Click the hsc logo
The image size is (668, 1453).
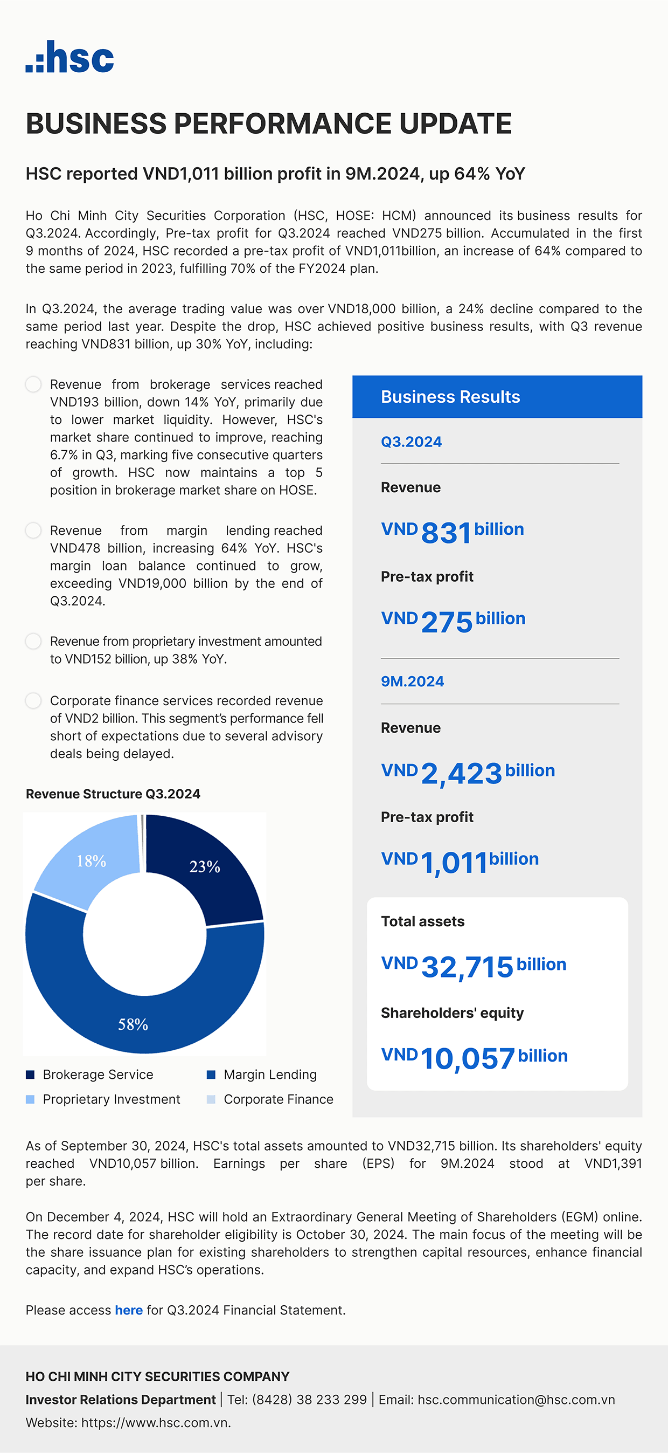click(70, 57)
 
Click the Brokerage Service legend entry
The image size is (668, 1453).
click(90, 1075)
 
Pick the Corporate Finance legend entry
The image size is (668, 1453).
click(270, 1099)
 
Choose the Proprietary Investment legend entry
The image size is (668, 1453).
click(104, 1099)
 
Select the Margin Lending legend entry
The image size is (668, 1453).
click(263, 1075)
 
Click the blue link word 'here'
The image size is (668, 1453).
click(129, 1310)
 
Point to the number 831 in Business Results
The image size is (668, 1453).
click(446, 533)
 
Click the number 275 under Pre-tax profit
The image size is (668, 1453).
click(447, 622)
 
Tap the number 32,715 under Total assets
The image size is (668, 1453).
click(467, 967)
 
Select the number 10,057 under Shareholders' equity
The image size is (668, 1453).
click(467, 1058)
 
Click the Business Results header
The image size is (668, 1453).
click(450, 396)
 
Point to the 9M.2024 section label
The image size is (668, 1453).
click(412, 681)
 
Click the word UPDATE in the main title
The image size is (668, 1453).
click(456, 123)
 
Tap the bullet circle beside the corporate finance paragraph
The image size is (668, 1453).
click(33, 700)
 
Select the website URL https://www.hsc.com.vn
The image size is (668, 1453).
click(156, 1423)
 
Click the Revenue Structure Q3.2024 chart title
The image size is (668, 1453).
click(113, 794)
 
